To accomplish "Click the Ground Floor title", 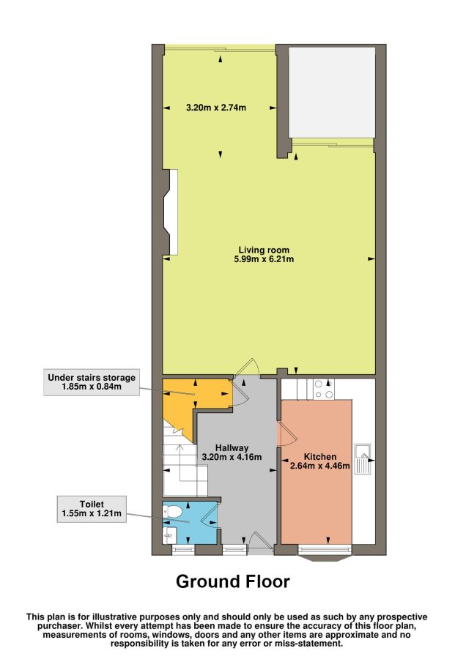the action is (232, 581).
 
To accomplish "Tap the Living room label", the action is (264, 250).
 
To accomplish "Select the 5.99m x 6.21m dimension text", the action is (264, 259).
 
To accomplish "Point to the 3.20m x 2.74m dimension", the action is (216, 108).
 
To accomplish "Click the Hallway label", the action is (232, 448).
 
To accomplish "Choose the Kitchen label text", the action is (320, 456).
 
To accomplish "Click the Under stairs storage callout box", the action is (92, 382).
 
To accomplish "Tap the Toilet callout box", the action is (92, 509).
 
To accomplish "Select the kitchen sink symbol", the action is (362, 459).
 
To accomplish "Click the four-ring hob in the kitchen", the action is (324, 390).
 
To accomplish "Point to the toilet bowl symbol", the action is (172, 512).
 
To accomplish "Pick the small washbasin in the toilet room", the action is (169, 535).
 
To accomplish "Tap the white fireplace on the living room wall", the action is (171, 212).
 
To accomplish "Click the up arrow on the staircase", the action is (180, 462).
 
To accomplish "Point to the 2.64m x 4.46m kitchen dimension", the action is (320, 466).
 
